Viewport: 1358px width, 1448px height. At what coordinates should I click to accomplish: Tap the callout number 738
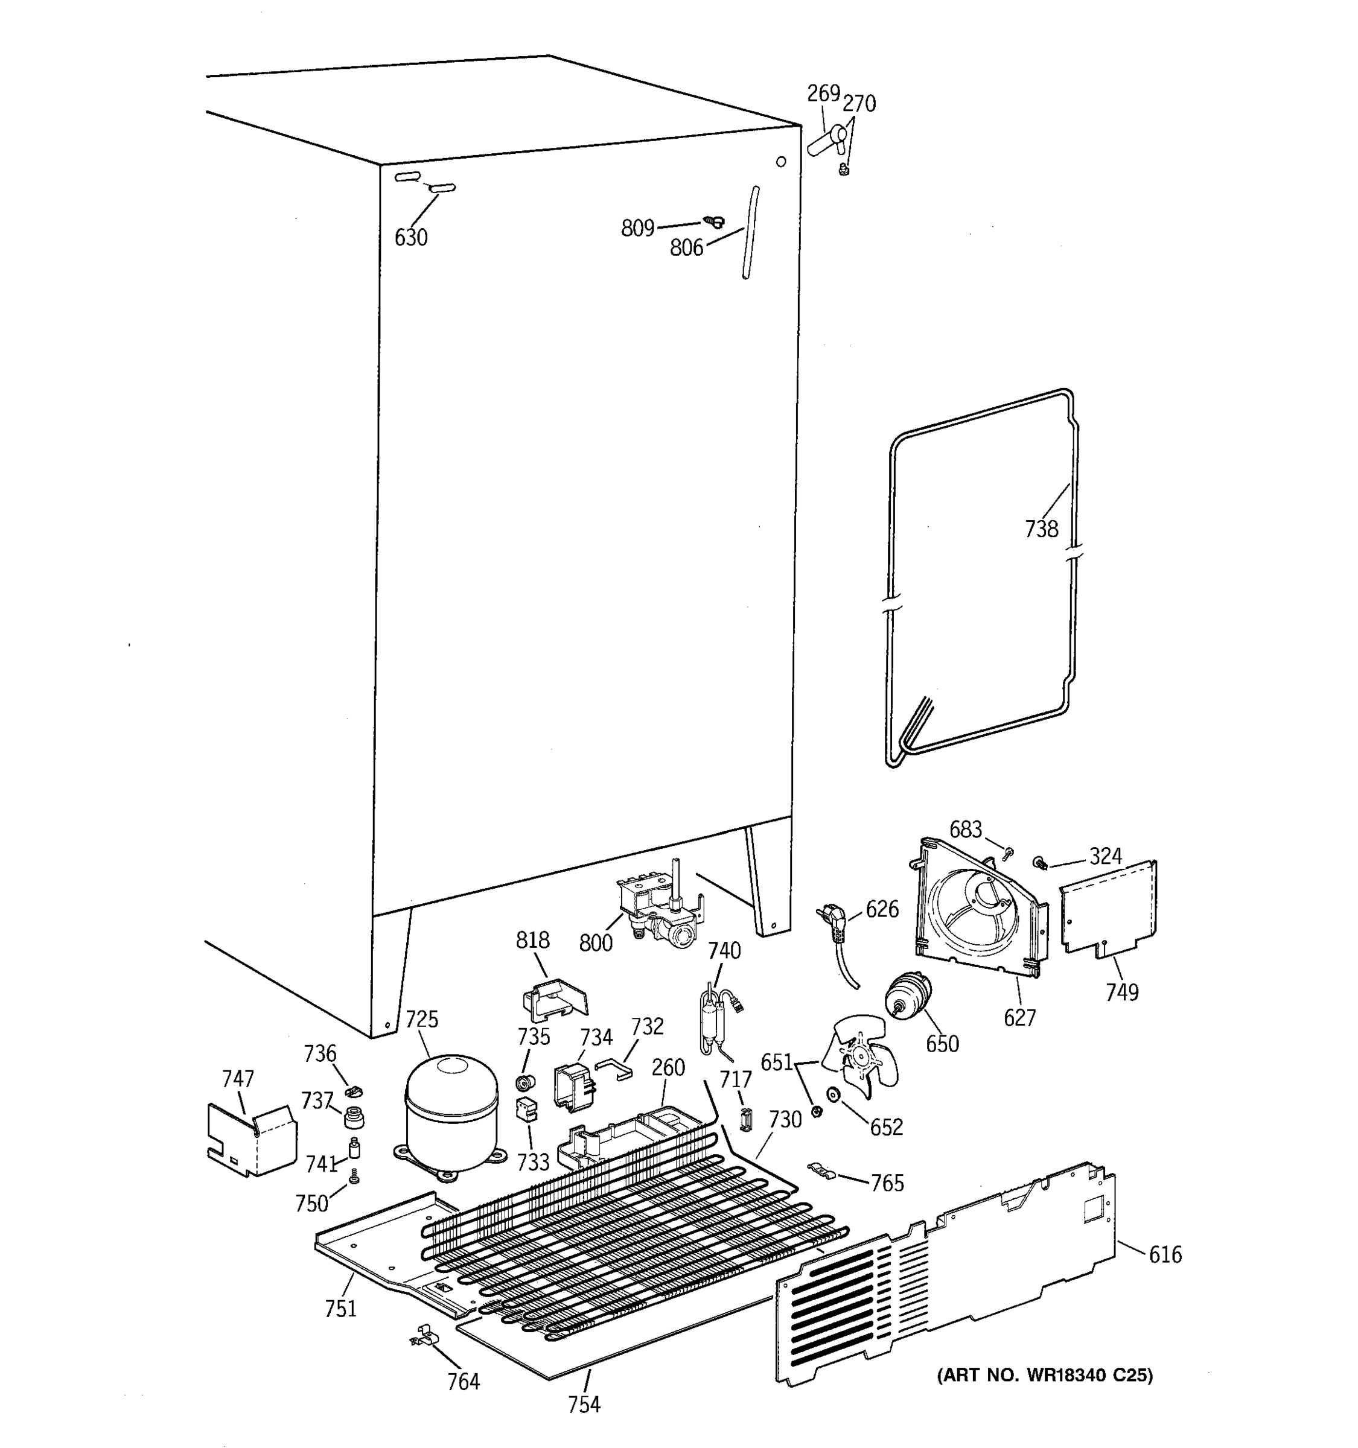(x=1041, y=529)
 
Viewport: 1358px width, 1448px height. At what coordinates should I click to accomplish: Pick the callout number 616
(x=1165, y=1254)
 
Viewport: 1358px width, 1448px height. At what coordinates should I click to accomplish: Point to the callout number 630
(x=411, y=238)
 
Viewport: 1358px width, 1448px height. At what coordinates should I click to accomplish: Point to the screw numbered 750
(x=354, y=1177)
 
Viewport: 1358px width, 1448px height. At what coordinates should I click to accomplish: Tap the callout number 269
(x=823, y=94)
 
